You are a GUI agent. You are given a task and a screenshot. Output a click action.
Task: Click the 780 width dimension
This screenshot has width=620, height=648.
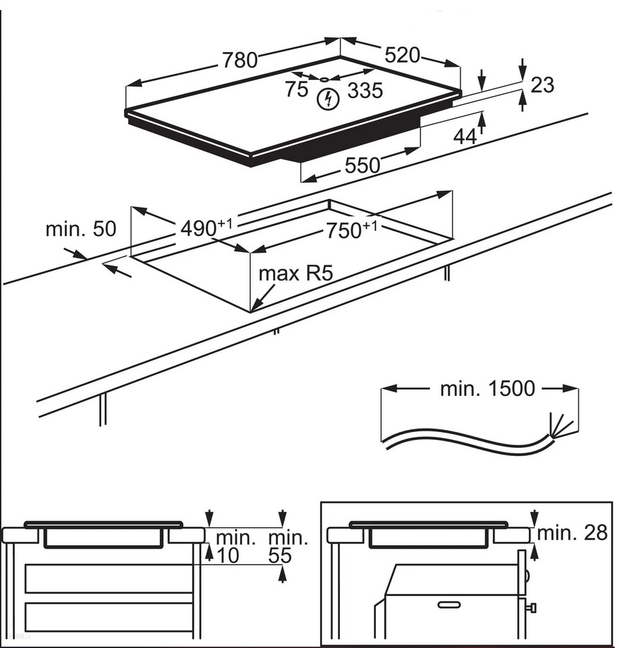tap(239, 60)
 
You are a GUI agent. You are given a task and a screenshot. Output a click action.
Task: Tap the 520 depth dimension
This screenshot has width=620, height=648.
tap(402, 55)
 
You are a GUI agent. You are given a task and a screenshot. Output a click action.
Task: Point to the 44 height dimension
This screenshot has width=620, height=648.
tap(465, 136)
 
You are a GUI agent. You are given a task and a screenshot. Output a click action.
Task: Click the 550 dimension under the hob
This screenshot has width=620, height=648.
tap(362, 165)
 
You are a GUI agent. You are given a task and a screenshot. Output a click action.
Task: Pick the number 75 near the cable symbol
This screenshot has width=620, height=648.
tap(296, 89)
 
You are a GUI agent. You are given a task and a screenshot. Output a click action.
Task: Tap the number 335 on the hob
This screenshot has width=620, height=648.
tap(365, 90)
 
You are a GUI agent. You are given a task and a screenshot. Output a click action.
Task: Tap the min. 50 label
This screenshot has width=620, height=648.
tap(81, 229)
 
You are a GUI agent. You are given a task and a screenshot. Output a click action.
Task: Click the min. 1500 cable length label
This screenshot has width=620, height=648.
tap(487, 389)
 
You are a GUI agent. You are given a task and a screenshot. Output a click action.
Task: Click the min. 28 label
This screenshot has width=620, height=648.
tap(573, 533)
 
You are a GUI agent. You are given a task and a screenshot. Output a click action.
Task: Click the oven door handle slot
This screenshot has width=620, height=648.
tap(449, 604)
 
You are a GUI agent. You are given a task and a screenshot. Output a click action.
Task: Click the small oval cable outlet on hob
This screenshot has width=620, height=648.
tap(325, 79)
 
